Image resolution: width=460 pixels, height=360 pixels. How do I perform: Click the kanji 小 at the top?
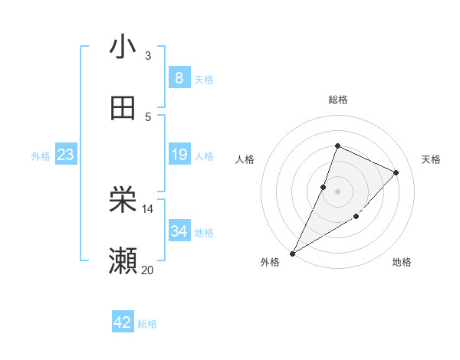tap(123, 47)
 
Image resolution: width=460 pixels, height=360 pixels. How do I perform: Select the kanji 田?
tap(123, 108)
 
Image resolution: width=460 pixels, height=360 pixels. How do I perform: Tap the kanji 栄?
tap(123, 201)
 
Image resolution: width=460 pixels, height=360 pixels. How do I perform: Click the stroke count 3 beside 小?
tap(148, 56)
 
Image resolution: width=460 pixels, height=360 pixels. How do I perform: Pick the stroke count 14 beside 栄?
tap(147, 208)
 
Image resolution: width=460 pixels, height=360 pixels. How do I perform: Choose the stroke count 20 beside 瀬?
tap(147, 269)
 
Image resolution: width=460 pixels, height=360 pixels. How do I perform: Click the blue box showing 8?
tap(179, 77)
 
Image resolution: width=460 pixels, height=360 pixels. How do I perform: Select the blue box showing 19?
tap(179, 155)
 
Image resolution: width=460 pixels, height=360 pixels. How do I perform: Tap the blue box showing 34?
tap(179, 231)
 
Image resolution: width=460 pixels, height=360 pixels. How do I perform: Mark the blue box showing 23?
tap(65, 155)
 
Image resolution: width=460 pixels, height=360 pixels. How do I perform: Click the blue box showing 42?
tap(122, 322)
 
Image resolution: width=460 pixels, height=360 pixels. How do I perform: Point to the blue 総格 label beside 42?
tap(147, 324)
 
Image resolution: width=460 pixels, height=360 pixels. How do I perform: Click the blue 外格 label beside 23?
tap(41, 156)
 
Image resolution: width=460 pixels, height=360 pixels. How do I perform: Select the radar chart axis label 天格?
tap(431, 159)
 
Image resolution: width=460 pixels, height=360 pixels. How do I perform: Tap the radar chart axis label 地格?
tap(402, 262)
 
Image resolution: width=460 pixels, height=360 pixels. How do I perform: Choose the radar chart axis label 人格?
tap(245, 159)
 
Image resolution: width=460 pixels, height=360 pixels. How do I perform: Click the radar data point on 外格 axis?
tap(293, 253)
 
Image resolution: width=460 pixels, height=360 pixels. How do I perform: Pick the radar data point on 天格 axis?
tap(396, 172)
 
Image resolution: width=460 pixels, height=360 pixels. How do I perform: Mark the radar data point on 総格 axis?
tap(337, 146)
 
